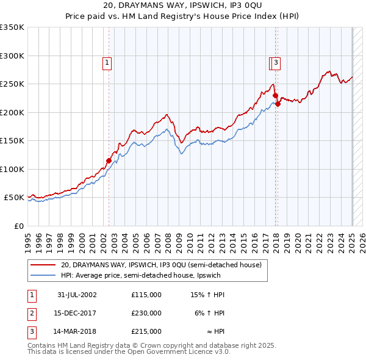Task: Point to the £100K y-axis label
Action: (12, 169)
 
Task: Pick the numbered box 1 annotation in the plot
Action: (107, 62)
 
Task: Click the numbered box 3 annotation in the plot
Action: (276, 62)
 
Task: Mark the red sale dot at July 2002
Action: (109, 161)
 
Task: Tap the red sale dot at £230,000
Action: (275, 96)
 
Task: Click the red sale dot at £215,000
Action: (278, 104)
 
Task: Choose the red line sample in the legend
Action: (43, 265)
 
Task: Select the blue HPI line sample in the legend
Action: (43, 275)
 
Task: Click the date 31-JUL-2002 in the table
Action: (77, 295)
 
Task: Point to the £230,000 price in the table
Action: (146, 313)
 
